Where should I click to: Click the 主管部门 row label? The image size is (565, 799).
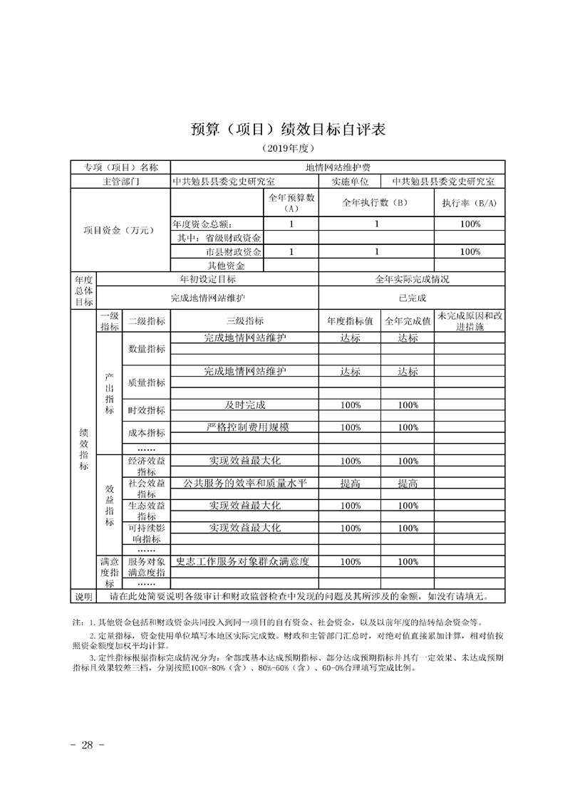coord(120,182)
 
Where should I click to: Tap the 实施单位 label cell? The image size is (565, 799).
coord(349,182)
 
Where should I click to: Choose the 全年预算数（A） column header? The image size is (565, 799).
coord(291,203)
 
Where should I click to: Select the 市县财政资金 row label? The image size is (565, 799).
coord(233,251)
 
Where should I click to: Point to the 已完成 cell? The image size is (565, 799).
coord(412,298)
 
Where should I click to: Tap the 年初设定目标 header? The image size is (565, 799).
coord(207,280)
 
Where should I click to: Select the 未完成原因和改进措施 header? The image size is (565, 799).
coord(470,321)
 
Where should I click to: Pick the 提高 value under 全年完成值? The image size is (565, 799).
coord(408,484)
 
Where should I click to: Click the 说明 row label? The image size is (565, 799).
coord(84,596)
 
